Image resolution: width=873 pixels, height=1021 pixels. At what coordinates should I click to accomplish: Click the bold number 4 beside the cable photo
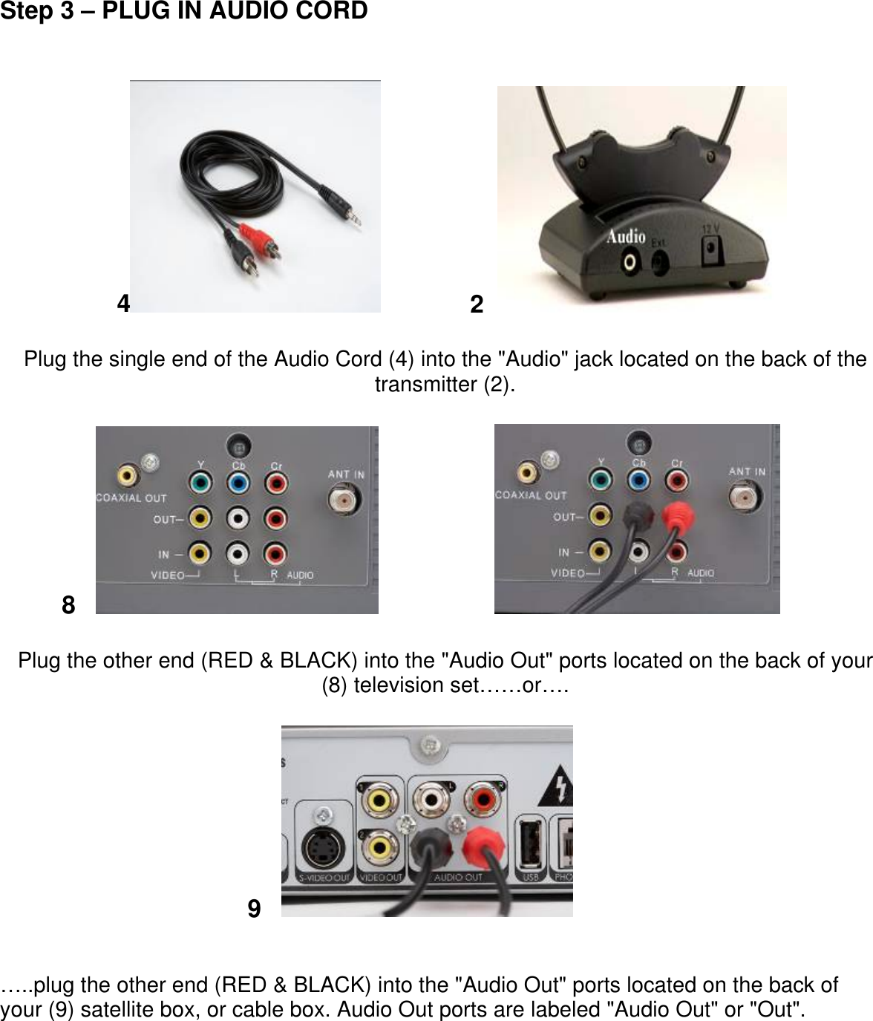tap(124, 303)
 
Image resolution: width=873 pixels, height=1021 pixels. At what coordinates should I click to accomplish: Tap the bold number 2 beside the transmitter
tap(477, 304)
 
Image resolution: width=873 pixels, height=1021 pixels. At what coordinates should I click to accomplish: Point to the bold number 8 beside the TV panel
tap(68, 605)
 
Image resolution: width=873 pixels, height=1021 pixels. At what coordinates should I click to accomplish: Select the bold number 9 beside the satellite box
tap(254, 908)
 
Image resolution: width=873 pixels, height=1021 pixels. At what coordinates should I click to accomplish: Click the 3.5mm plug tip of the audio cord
tap(357, 220)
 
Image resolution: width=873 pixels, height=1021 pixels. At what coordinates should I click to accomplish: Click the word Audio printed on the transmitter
tap(626, 237)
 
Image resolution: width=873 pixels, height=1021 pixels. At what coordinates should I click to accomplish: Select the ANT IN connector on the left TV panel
tap(345, 500)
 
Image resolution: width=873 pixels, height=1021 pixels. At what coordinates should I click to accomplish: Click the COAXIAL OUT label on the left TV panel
tap(131, 498)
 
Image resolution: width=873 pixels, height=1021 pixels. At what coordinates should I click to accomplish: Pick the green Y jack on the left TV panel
tap(200, 483)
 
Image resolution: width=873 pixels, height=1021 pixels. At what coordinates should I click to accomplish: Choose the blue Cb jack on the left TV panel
tap(238, 483)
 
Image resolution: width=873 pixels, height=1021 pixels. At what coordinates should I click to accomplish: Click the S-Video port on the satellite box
tap(322, 847)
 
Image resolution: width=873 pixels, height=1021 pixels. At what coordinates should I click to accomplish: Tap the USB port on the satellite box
tap(530, 843)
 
